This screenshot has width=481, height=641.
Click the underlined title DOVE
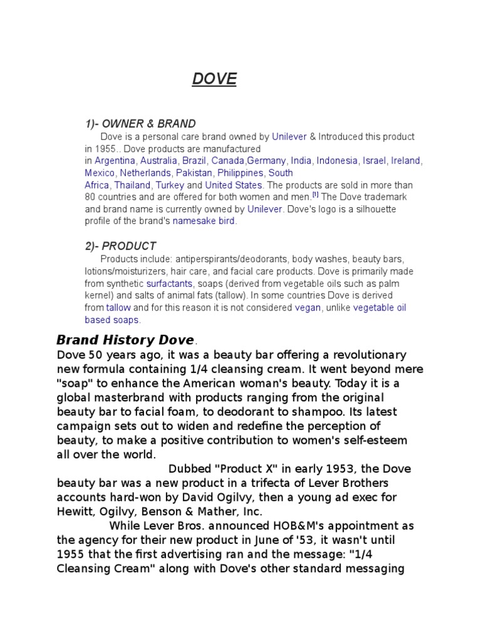coord(214,79)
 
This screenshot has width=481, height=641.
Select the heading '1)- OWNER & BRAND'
coord(140,124)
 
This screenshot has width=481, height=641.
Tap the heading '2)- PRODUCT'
coord(120,246)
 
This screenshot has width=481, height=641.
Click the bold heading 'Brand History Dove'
coord(125,341)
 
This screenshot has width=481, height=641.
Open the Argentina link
coord(115,161)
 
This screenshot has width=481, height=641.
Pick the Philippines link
coord(240,173)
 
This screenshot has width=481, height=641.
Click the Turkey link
coord(170,185)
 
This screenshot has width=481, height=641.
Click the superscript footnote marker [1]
coord(316,195)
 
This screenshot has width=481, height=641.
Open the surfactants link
coord(169,284)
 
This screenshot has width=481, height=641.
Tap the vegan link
coord(308,308)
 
